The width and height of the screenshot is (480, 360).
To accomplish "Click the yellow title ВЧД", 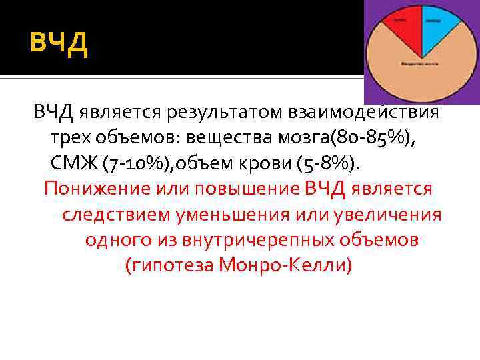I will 59,45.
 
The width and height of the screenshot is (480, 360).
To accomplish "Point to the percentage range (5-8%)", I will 333,163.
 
